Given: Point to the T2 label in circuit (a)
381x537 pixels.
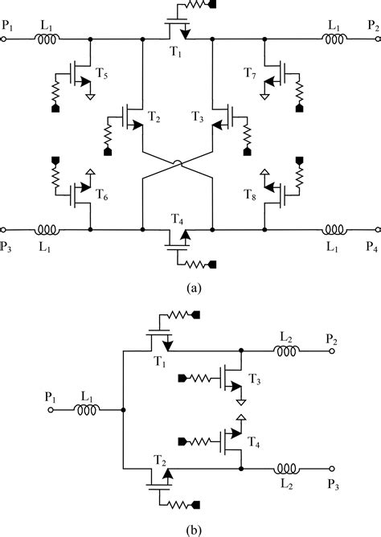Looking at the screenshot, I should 154,117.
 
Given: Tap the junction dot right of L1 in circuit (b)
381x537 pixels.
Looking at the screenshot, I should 122,409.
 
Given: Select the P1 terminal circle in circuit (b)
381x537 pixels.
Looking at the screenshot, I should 50,409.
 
